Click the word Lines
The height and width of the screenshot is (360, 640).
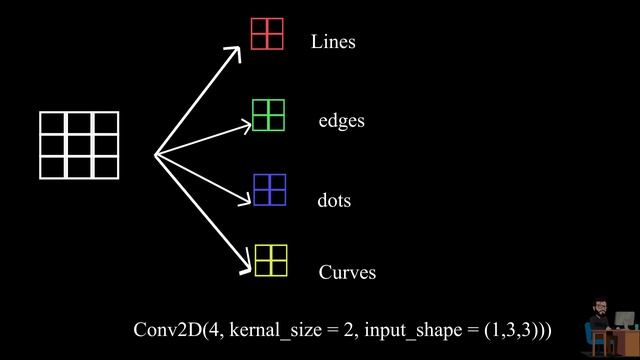coord(333,42)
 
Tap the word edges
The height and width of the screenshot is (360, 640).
coord(342,121)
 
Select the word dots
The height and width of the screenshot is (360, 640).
coord(334,200)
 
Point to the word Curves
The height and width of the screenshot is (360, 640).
coord(347,272)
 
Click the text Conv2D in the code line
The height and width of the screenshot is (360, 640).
coord(168,330)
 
